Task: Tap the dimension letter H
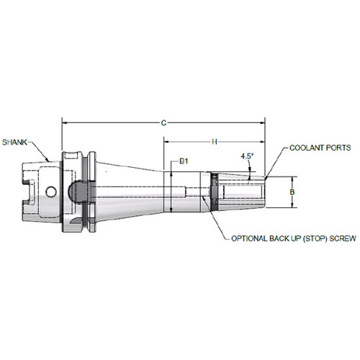tap(215, 142)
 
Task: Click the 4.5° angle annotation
tap(246, 156)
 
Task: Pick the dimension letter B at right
tap(291, 192)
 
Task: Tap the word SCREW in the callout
tap(339, 238)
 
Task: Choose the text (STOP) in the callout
tap(310, 238)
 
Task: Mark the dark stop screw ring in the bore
tap(212, 192)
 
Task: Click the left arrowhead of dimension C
tap(66, 123)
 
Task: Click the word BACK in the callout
tap(278, 238)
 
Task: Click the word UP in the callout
tap(293, 238)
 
